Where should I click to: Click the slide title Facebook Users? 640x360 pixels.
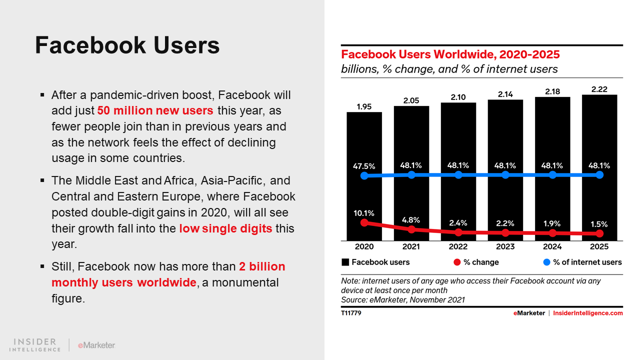click(x=127, y=45)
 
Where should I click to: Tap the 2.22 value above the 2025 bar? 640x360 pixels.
click(x=599, y=89)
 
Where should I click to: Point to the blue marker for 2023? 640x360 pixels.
click(x=505, y=175)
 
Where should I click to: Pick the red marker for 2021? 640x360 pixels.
click(x=411, y=229)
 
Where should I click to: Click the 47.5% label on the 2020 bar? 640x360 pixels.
click(x=364, y=166)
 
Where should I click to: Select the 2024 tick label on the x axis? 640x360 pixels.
click(x=552, y=246)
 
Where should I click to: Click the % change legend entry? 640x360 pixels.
click(x=476, y=262)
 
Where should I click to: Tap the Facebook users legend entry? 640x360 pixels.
click(x=375, y=262)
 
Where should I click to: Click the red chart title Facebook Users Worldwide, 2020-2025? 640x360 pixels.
click(x=450, y=54)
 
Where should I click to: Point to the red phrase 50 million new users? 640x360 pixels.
click(x=155, y=110)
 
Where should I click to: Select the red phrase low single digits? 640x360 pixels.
click(x=225, y=228)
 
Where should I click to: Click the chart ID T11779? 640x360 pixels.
click(x=351, y=313)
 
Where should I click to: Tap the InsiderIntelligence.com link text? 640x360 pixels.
click(x=588, y=313)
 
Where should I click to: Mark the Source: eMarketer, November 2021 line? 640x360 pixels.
click(x=403, y=300)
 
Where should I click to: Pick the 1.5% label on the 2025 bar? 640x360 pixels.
click(x=599, y=224)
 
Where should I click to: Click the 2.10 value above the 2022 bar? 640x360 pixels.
click(x=458, y=96)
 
